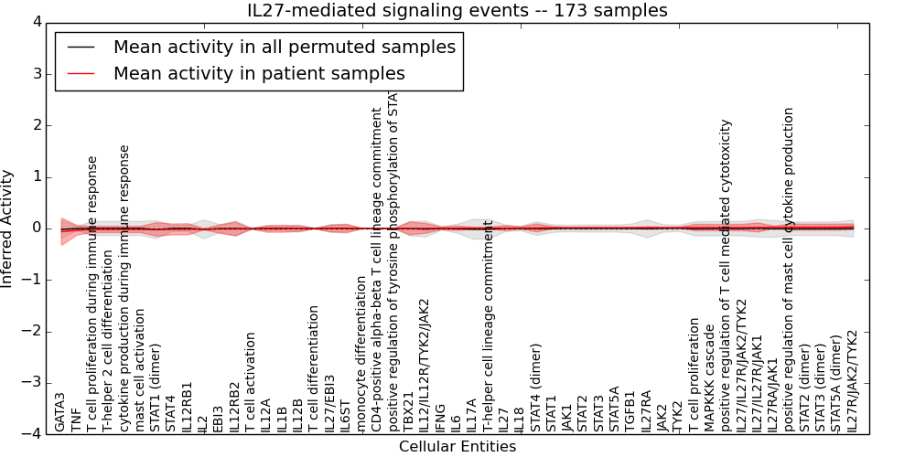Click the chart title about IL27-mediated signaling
[457, 11]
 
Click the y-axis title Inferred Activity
[8, 228]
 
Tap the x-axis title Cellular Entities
[457, 447]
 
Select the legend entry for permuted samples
[284, 47]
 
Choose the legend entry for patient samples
[259, 73]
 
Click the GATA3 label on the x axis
[59, 412]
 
